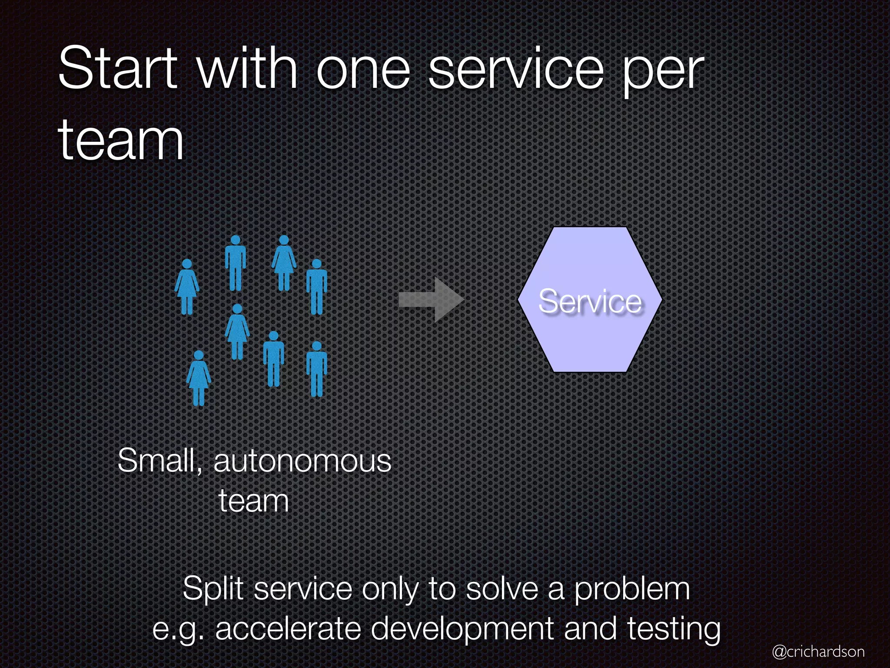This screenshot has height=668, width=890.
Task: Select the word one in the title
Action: (363, 70)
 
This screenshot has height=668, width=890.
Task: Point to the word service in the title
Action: (516, 70)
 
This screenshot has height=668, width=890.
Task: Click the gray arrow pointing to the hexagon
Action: (432, 300)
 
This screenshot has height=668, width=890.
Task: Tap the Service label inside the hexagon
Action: (590, 301)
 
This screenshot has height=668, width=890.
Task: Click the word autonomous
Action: (302, 461)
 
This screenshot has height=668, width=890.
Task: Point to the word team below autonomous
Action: (254, 501)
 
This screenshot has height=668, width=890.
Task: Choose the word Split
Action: (213, 590)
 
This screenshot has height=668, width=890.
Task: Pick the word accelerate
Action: (288, 629)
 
